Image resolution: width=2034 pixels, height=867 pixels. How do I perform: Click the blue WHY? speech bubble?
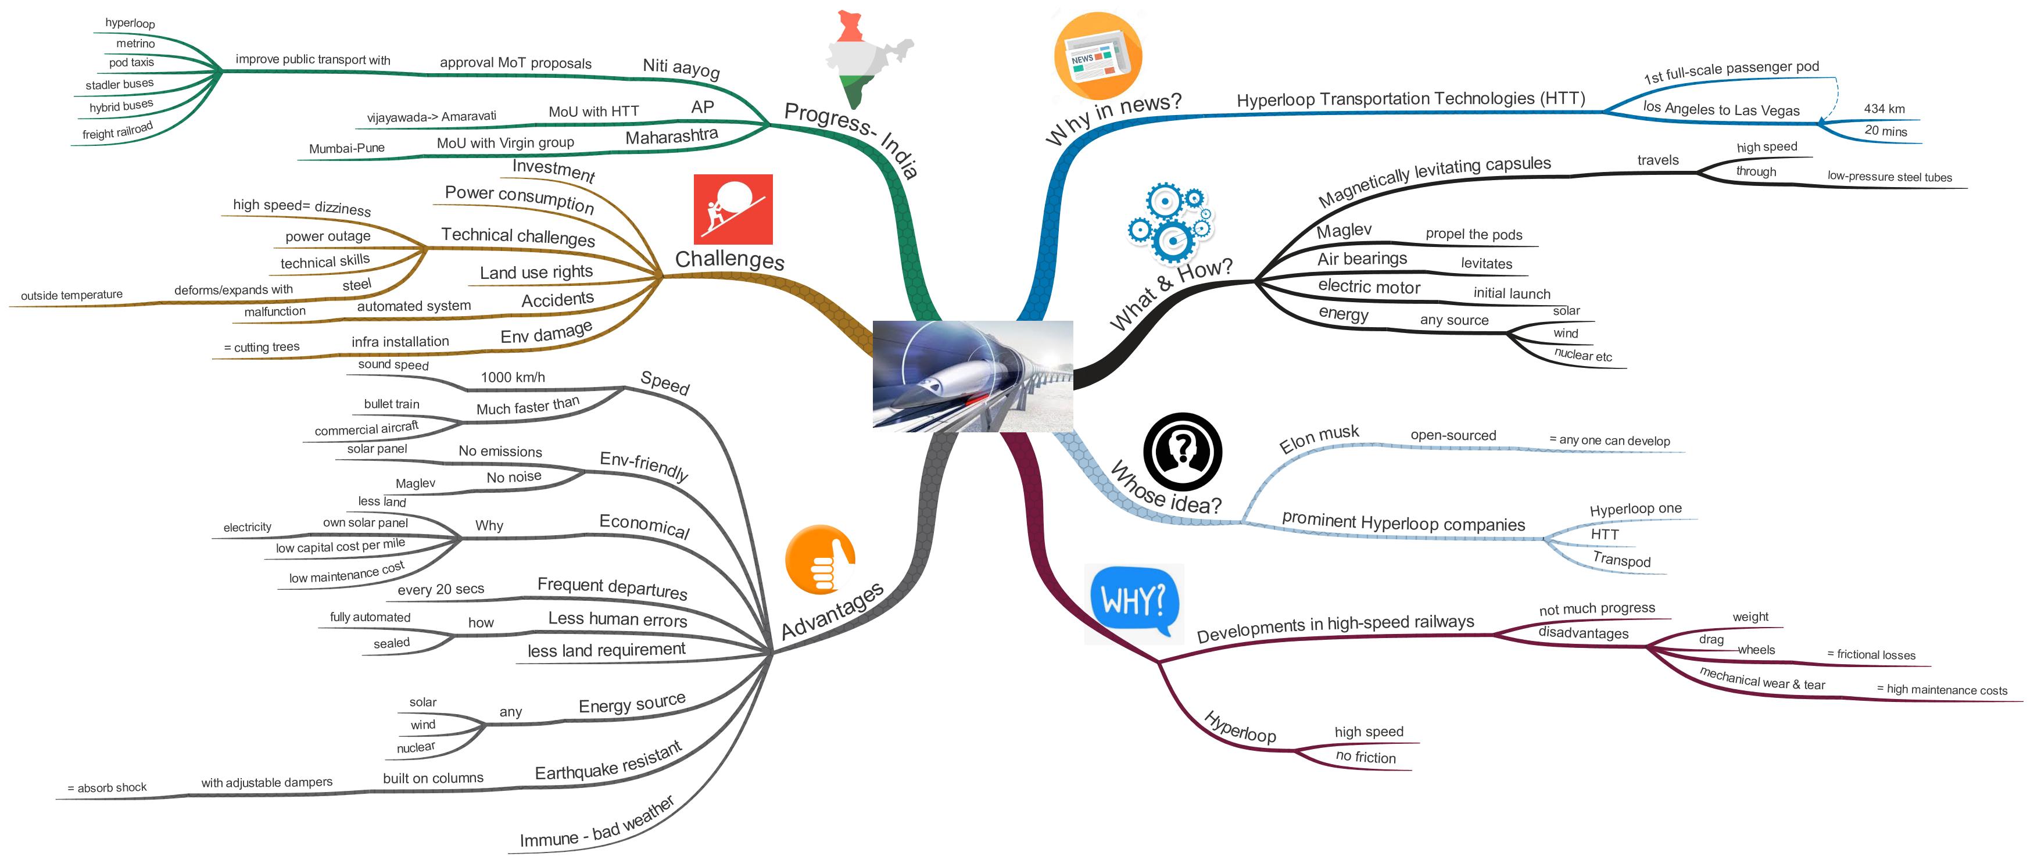1134,601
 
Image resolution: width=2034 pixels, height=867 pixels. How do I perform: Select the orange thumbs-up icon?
819,559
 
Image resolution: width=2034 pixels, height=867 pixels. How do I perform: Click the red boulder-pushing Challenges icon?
732,209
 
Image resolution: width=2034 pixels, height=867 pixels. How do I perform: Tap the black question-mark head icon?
1182,452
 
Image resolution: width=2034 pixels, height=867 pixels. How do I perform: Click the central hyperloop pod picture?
972,376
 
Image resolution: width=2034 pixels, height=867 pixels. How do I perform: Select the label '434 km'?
1884,109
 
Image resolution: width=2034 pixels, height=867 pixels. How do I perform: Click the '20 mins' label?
1886,131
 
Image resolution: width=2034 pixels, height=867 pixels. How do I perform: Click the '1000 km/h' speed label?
513,378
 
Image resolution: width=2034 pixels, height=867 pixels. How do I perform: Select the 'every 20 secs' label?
441,589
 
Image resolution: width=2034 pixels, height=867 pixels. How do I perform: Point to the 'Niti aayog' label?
681,68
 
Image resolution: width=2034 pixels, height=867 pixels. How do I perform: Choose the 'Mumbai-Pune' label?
346,148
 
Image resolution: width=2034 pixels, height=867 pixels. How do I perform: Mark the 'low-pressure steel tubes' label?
1889,177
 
